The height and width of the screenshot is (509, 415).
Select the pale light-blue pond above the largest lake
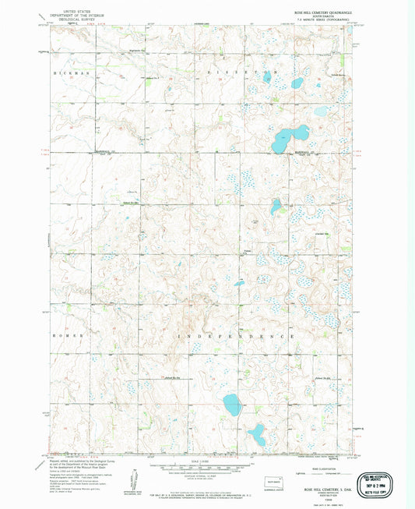point(322,111)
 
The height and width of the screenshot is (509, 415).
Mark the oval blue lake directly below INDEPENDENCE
point(232,404)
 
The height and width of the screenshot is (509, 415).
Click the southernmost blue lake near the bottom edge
point(255,433)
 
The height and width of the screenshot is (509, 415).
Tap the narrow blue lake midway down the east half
point(276,207)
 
